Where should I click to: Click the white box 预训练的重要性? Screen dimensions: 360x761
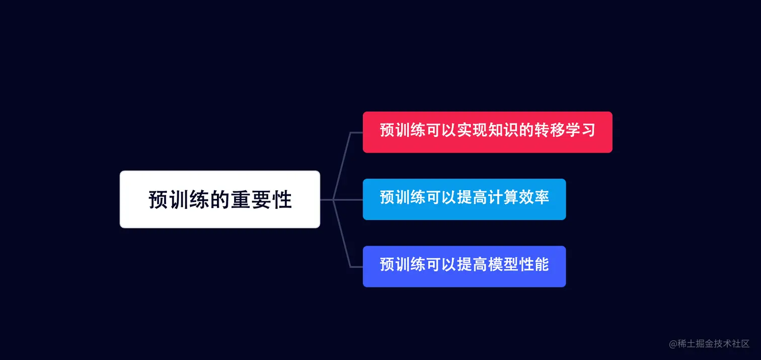220,199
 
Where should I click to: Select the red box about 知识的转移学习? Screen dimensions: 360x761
487,132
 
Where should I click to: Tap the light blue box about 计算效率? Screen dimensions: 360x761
464,199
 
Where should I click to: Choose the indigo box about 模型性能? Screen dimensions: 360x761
464,266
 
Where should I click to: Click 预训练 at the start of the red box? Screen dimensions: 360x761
403,130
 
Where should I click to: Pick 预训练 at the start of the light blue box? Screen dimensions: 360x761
403,197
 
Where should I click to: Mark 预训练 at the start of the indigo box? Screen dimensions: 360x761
403,264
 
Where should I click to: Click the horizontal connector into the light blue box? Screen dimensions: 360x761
347,200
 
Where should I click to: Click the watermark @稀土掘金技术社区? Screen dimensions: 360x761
709,344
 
